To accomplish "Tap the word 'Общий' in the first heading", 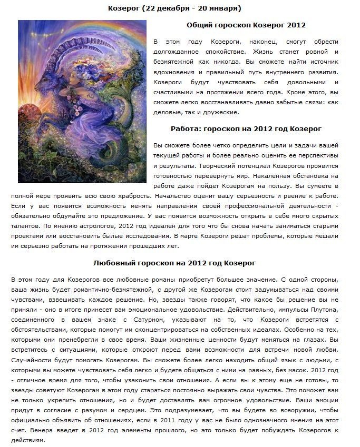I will click(x=199, y=25).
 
